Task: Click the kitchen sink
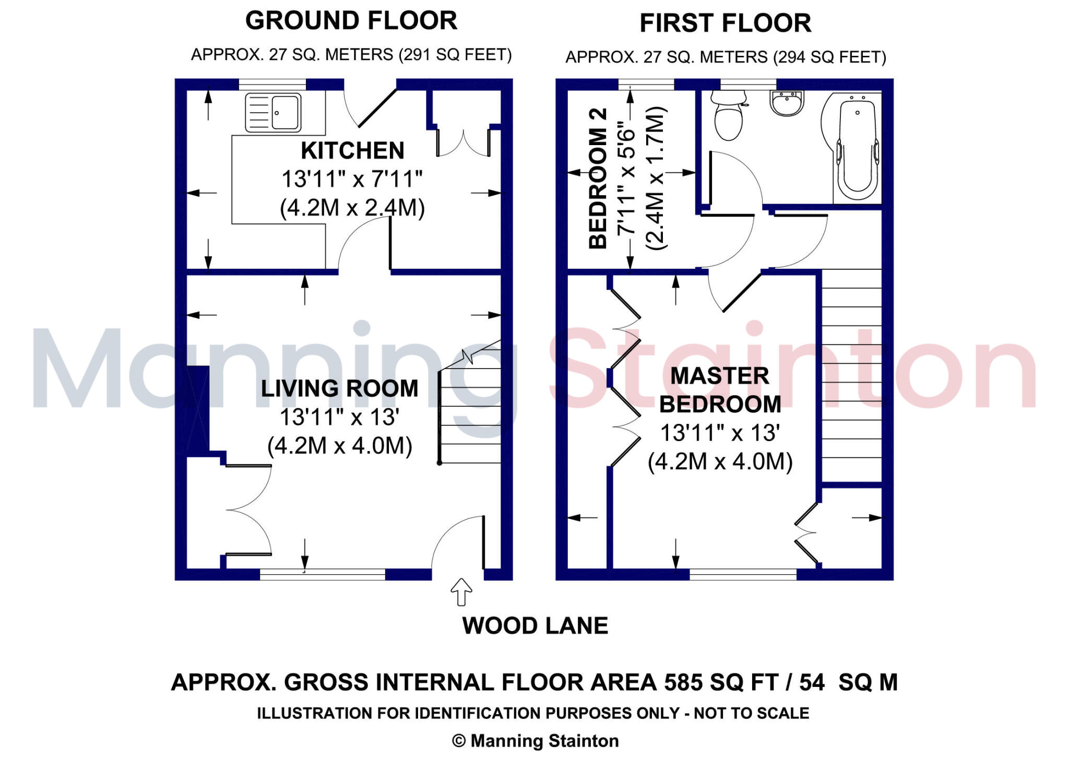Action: [x=273, y=112]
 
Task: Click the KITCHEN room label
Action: [x=352, y=151]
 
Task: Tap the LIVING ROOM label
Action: [x=339, y=388]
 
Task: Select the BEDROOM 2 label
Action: [x=598, y=179]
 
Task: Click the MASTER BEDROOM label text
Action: [x=720, y=390]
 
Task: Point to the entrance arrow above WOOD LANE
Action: [x=461, y=592]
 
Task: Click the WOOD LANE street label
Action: [x=535, y=625]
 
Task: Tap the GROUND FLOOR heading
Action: [x=351, y=21]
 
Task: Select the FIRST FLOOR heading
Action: [x=726, y=23]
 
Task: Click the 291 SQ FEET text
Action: [x=455, y=55]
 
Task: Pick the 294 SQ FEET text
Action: [x=829, y=57]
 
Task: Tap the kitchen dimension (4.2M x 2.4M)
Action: [x=352, y=208]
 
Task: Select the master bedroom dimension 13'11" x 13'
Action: [x=720, y=433]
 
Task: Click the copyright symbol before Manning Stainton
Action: [x=458, y=741]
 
